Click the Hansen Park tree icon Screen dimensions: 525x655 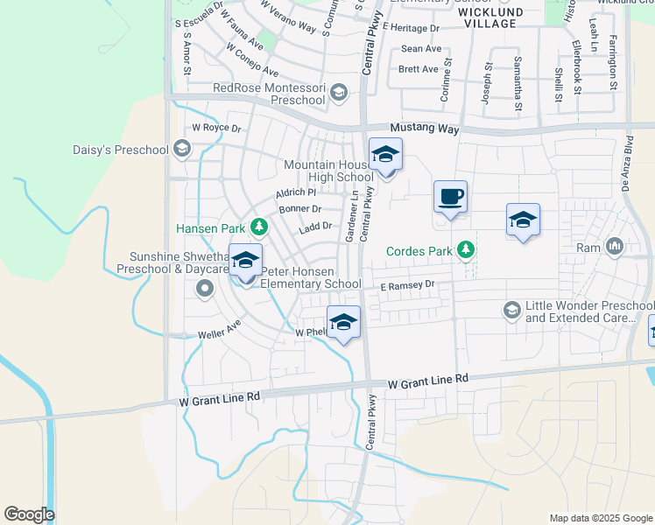pyautogui.click(x=259, y=227)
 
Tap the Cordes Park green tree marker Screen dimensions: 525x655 pyautogui.click(x=467, y=251)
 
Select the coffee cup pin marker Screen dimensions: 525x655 pyautogui.click(x=451, y=197)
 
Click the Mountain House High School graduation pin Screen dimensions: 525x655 pyautogui.click(x=384, y=156)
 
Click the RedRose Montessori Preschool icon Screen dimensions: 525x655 pyautogui.click(x=341, y=92)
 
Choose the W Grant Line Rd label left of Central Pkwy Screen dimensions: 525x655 pyautogui.click(x=220, y=396)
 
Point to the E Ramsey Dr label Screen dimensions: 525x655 pyautogui.click(x=406, y=285)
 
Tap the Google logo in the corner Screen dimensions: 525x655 pyautogui.click(x=29, y=514)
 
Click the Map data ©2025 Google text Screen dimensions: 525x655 pyautogui.click(x=600, y=518)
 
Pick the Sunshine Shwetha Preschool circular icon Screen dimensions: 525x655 pyautogui.click(x=206, y=288)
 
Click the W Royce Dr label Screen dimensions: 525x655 pyautogui.click(x=216, y=128)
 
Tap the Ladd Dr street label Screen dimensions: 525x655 pyautogui.click(x=315, y=226)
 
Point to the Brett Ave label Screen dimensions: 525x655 pyautogui.click(x=418, y=69)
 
